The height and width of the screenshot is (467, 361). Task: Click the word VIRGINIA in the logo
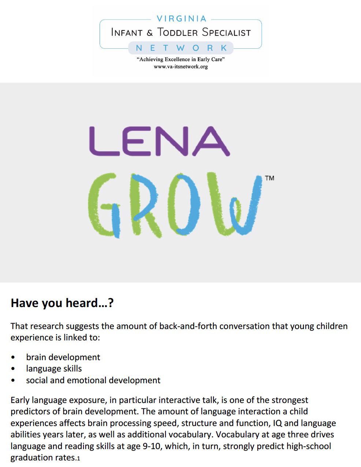point(182,19)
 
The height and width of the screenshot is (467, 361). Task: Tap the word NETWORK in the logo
point(181,48)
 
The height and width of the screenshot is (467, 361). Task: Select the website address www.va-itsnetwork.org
point(181,67)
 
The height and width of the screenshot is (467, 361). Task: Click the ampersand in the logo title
point(150,33)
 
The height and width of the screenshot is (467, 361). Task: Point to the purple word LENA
point(159,141)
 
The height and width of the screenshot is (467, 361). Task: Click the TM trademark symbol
point(269,178)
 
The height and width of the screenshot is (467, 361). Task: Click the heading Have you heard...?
point(62,303)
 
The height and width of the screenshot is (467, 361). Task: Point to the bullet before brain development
point(14,358)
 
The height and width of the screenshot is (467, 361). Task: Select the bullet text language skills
point(54,369)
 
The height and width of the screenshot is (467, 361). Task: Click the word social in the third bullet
point(37,380)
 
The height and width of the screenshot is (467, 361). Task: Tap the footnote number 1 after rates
point(78,458)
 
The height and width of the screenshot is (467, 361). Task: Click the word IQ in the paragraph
point(277,423)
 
